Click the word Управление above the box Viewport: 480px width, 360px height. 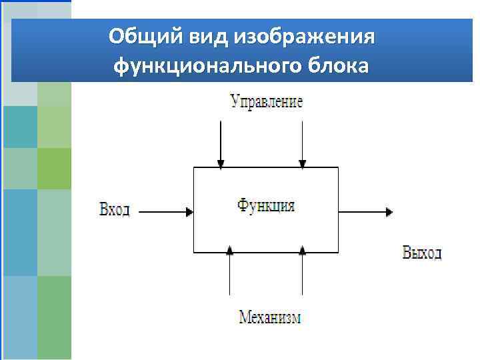(x=266, y=101)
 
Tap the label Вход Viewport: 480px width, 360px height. (x=114, y=211)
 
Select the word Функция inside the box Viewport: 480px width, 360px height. (x=266, y=205)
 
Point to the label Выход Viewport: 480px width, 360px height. (x=421, y=253)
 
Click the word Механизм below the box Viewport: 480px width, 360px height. (x=270, y=317)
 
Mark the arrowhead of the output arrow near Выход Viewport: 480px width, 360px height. (x=388, y=212)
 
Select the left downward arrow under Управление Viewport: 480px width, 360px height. (x=220, y=143)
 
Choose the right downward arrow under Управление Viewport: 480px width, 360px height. (x=302, y=143)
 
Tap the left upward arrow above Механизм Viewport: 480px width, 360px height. (x=229, y=273)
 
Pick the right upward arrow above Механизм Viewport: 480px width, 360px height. (x=302, y=273)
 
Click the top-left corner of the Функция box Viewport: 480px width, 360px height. (x=194, y=167)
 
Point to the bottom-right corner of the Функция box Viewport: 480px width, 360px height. (x=339, y=252)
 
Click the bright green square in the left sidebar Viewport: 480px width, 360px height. (x=54, y=169)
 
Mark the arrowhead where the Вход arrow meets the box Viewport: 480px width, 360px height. (x=190, y=212)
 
